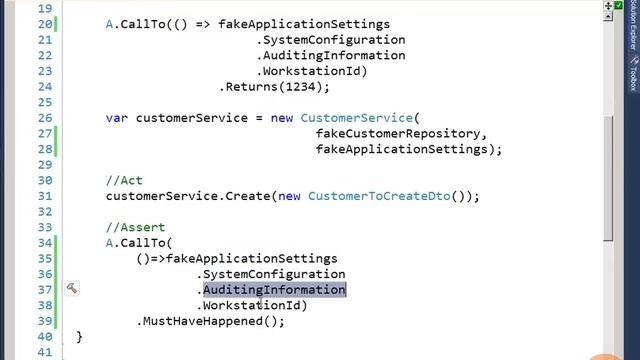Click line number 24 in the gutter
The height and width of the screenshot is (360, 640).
(x=43, y=87)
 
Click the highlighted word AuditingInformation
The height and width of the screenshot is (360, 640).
(x=274, y=290)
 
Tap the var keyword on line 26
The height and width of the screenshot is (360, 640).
(x=117, y=118)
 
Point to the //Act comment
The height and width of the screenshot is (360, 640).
(x=124, y=181)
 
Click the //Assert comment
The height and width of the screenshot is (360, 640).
(x=135, y=228)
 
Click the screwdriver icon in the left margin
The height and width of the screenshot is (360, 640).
(x=72, y=289)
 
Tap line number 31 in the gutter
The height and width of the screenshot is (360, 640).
(x=43, y=196)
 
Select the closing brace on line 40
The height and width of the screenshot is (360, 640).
(x=79, y=337)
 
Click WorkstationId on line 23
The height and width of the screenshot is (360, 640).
(x=312, y=72)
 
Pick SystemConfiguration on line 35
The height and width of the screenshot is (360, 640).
(x=274, y=274)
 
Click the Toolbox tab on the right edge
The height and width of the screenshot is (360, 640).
(x=632, y=72)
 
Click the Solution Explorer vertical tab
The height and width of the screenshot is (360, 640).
(x=632, y=30)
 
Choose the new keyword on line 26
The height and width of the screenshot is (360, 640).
(x=281, y=118)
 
